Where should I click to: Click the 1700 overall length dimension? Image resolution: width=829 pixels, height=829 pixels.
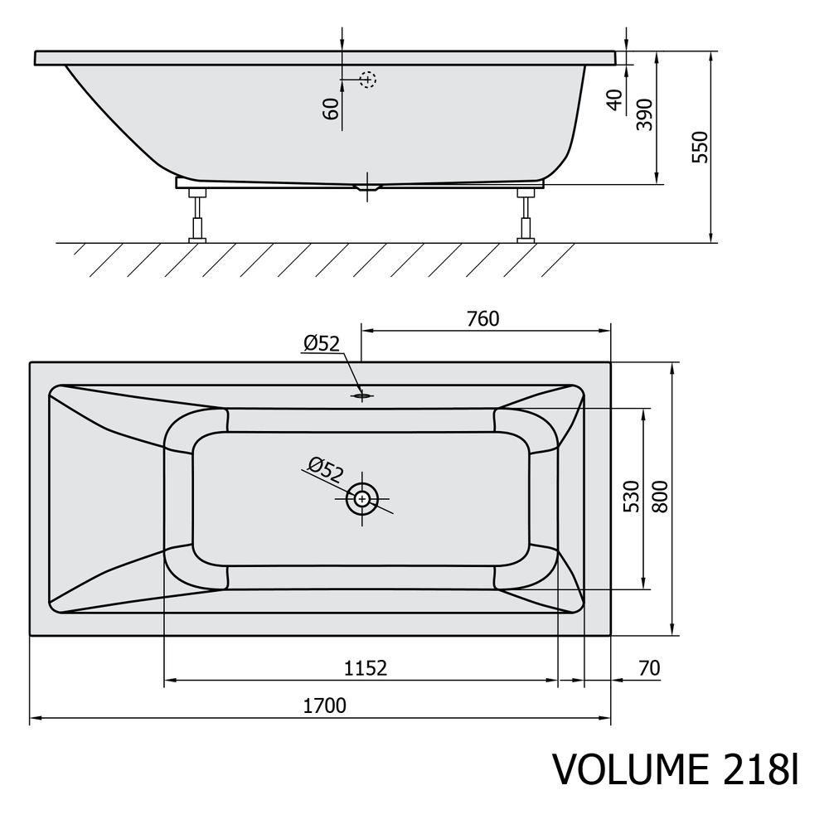tap(325, 705)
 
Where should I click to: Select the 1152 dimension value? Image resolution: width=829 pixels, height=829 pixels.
tap(366, 668)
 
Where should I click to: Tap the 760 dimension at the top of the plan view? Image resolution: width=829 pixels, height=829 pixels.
tap(482, 319)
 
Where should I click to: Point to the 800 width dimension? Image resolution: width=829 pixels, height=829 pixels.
tap(661, 497)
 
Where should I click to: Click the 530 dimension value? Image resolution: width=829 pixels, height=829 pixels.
tap(632, 497)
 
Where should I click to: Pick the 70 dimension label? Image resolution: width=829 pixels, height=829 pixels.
tap(649, 668)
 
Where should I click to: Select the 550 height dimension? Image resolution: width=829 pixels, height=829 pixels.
tap(700, 147)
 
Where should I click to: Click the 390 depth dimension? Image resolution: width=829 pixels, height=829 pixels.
tap(645, 114)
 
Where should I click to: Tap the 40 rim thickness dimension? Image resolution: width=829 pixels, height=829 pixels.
tap(615, 100)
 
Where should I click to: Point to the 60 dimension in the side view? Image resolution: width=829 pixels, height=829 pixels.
tap(331, 109)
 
